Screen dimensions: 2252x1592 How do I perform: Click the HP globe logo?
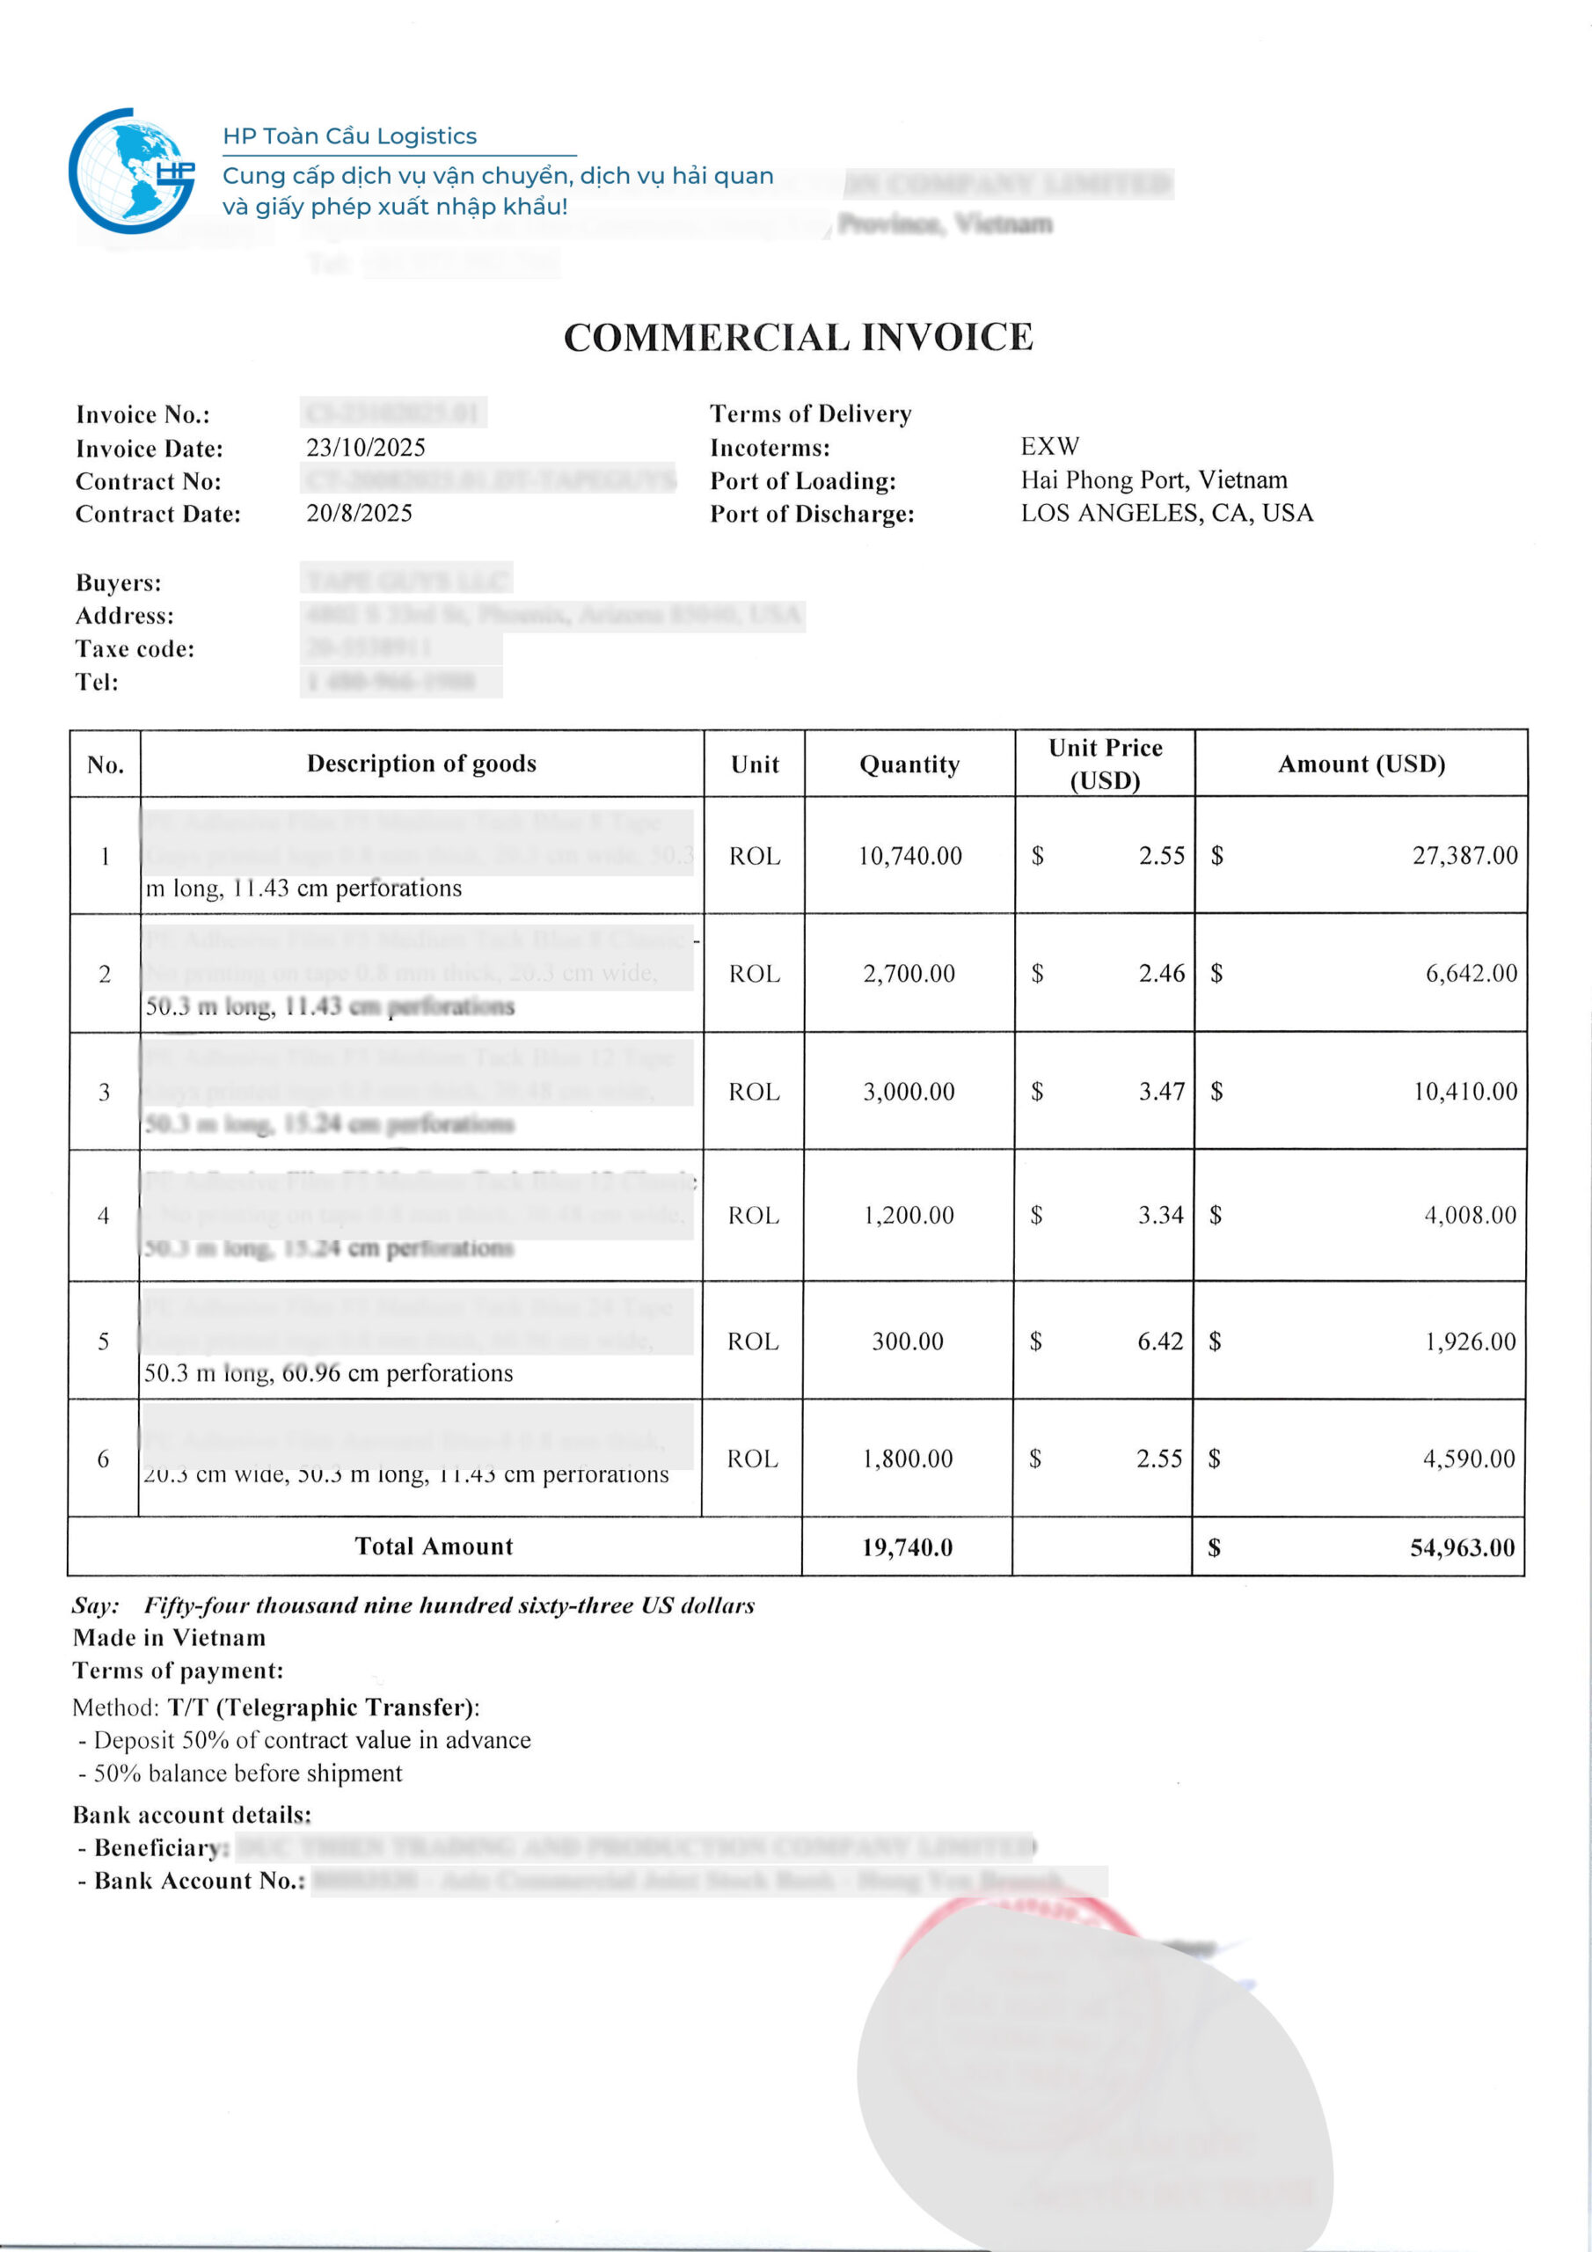[131, 171]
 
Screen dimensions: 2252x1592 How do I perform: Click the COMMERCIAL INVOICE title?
[798, 338]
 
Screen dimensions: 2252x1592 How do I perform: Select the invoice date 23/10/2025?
[366, 449]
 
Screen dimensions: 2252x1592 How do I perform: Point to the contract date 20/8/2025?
[359, 514]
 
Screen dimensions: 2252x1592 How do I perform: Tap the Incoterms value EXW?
[1049, 447]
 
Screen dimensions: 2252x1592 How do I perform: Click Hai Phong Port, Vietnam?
[1153, 480]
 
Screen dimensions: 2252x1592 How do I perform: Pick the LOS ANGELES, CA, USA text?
[1166, 514]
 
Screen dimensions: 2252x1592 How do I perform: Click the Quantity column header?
[909, 764]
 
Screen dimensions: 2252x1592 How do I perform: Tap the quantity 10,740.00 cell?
[909, 856]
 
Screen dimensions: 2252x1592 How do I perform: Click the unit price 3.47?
[1161, 1092]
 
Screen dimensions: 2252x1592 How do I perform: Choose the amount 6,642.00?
[1471, 974]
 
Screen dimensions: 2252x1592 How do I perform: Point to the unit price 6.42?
[1160, 1342]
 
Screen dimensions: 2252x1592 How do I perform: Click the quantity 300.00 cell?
[908, 1342]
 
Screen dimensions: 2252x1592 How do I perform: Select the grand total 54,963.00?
[1462, 1547]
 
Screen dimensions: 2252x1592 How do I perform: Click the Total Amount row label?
[434, 1546]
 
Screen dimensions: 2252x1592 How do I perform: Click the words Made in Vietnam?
[169, 1638]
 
